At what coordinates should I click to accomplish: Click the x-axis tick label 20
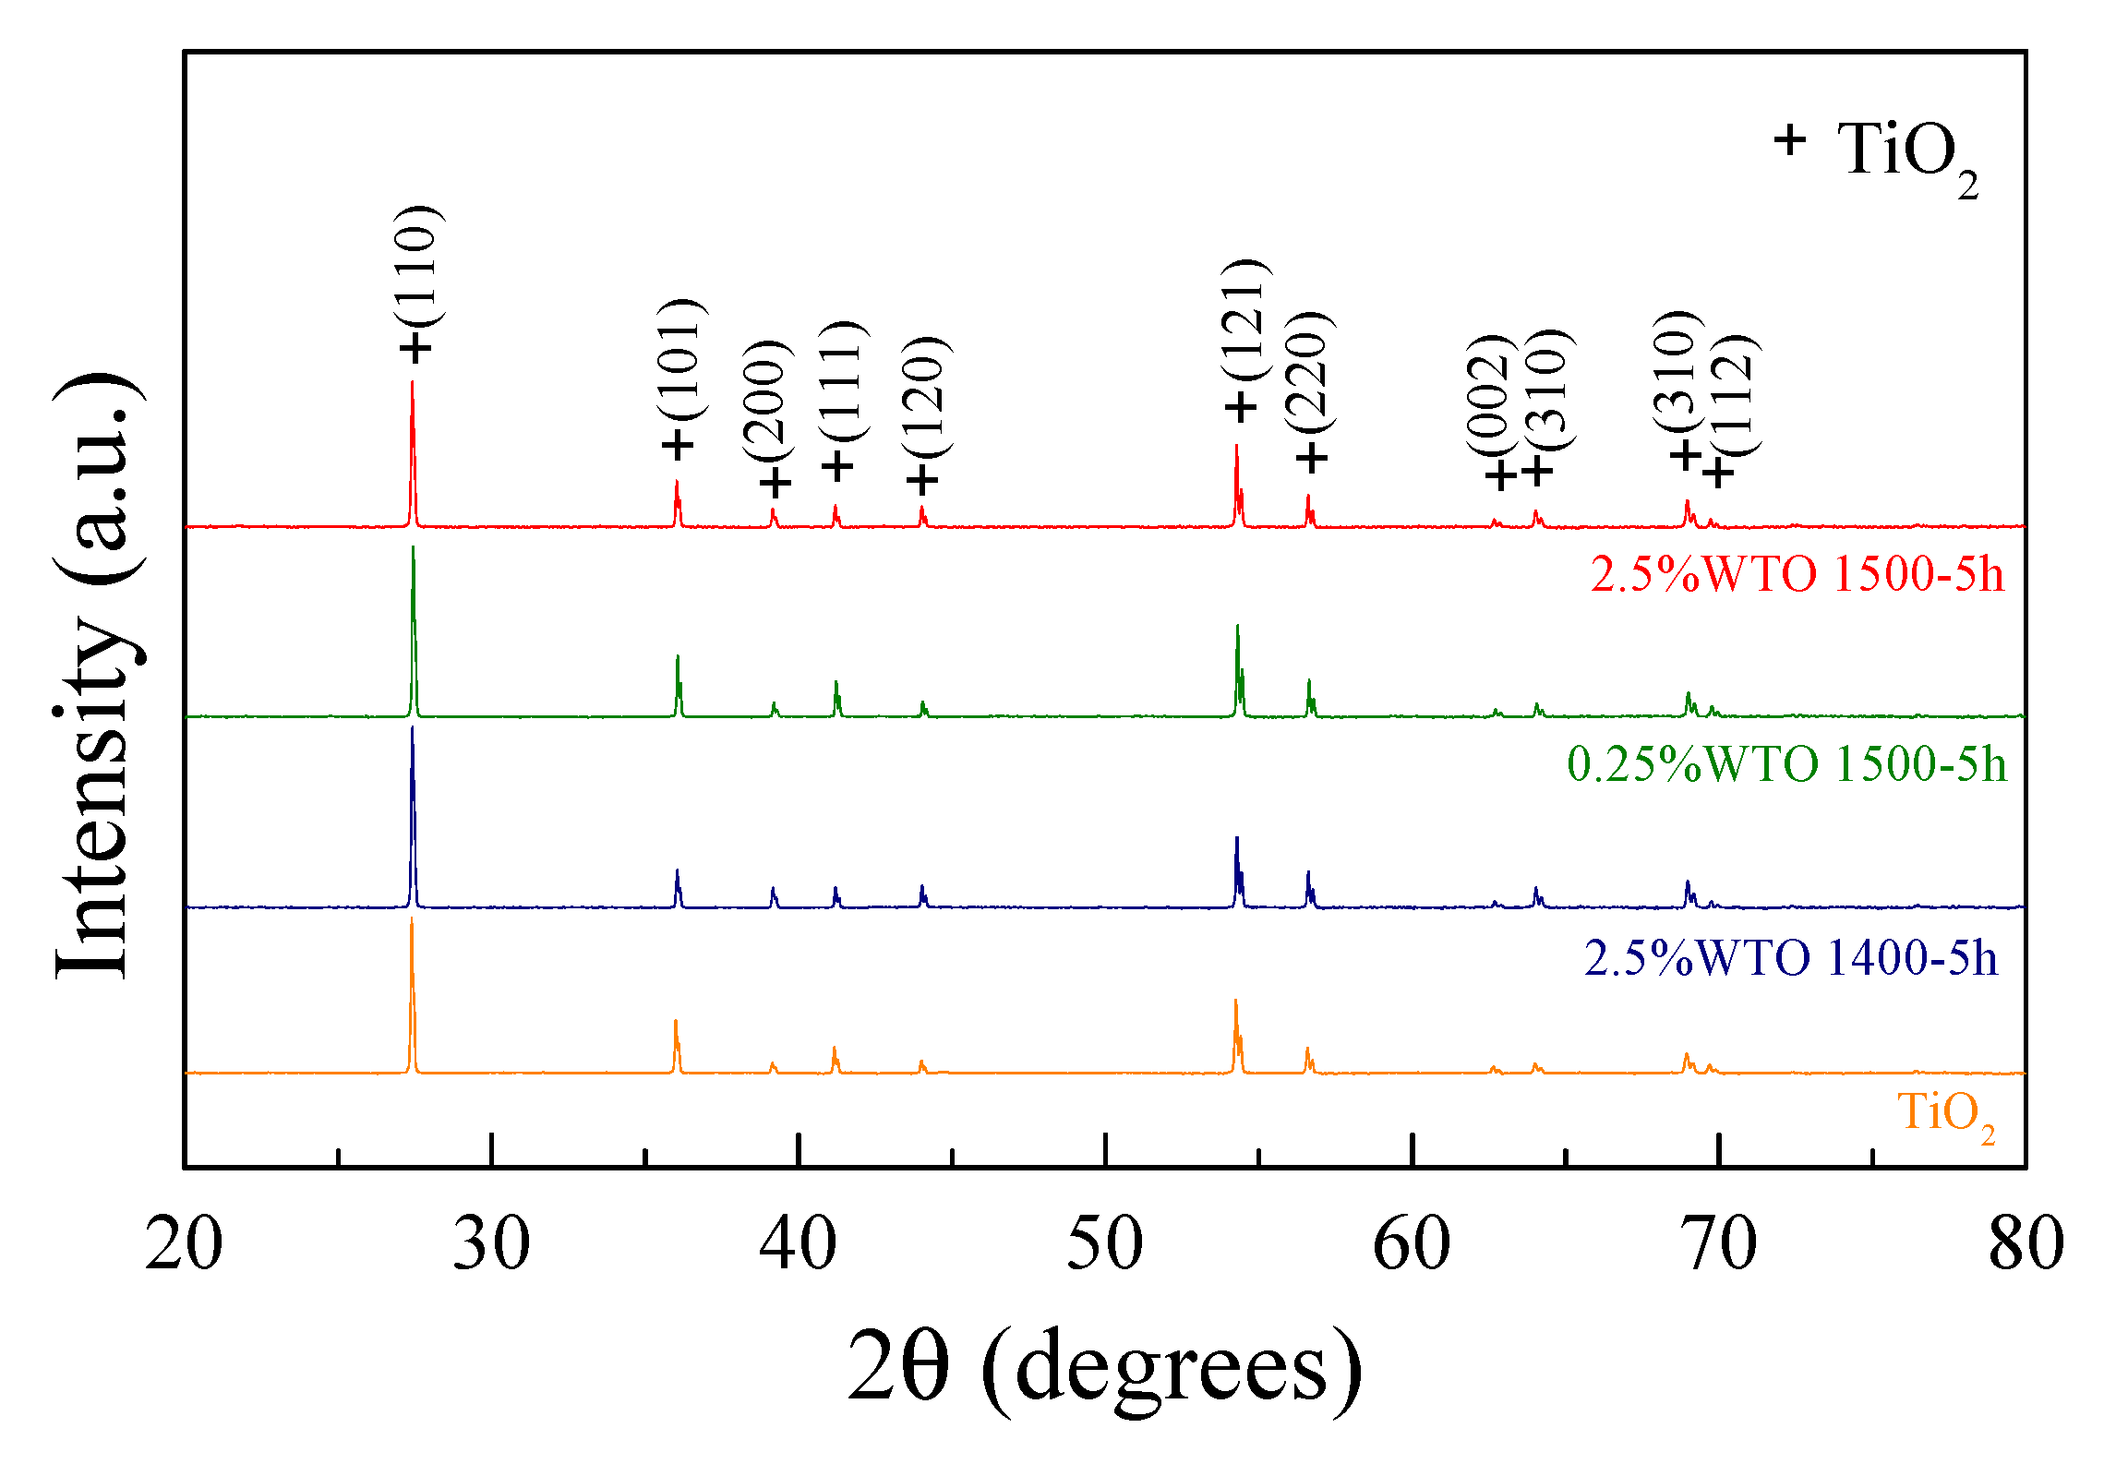coord(184,1245)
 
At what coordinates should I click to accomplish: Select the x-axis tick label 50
coord(1104,1245)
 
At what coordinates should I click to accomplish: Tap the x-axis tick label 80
coord(2026,1245)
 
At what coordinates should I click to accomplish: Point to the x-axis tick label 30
coord(491,1245)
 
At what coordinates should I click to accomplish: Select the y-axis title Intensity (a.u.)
coord(97,675)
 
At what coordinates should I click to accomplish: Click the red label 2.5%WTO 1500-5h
coord(1797,574)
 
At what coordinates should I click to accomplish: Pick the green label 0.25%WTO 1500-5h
coord(1786,765)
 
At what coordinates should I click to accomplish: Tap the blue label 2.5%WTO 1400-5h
coord(1790,958)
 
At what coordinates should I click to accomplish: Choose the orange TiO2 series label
coord(1945,1114)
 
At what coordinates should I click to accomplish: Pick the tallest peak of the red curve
coord(412,384)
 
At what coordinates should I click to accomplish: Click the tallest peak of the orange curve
coord(412,921)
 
